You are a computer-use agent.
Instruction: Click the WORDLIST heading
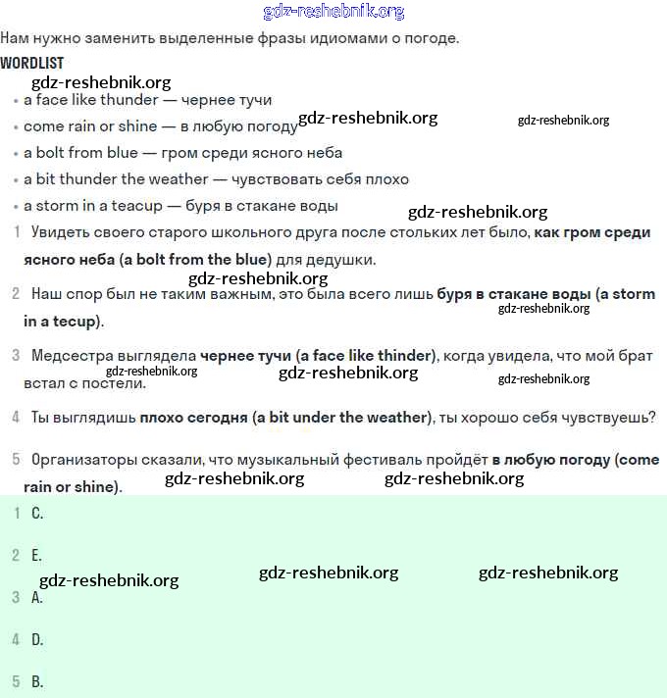pyautogui.click(x=31, y=63)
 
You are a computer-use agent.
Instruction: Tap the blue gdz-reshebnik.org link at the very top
pyautogui.click(x=333, y=12)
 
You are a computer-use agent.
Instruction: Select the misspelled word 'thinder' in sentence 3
pyautogui.click(x=402, y=356)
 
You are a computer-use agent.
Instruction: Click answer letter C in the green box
pyautogui.click(x=37, y=513)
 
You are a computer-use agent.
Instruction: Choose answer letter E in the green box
pyautogui.click(x=37, y=555)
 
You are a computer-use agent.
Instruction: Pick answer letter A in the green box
pyautogui.click(x=37, y=597)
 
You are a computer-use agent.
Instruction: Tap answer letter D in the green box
pyautogui.click(x=37, y=639)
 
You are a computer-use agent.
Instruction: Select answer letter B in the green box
pyautogui.click(x=37, y=681)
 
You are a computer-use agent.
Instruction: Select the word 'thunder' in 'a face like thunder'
pyautogui.click(x=131, y=100)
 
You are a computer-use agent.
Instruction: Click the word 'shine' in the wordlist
pyautogui.click(x=137, y=126)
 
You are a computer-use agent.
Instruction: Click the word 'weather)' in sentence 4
pyautogui.click(x=399, y=418)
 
